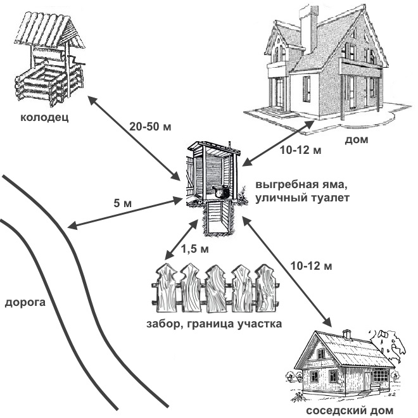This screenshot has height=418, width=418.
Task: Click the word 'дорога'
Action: pos(25,302)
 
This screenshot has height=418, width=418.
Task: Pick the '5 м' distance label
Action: pos(122,203)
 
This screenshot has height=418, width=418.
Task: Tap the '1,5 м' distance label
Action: pos(194,249)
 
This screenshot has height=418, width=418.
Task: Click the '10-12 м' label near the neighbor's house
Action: pos(310,265)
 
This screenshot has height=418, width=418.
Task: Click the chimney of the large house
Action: pos(308,28)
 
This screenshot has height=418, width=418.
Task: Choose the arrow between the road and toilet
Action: pos(124,213)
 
